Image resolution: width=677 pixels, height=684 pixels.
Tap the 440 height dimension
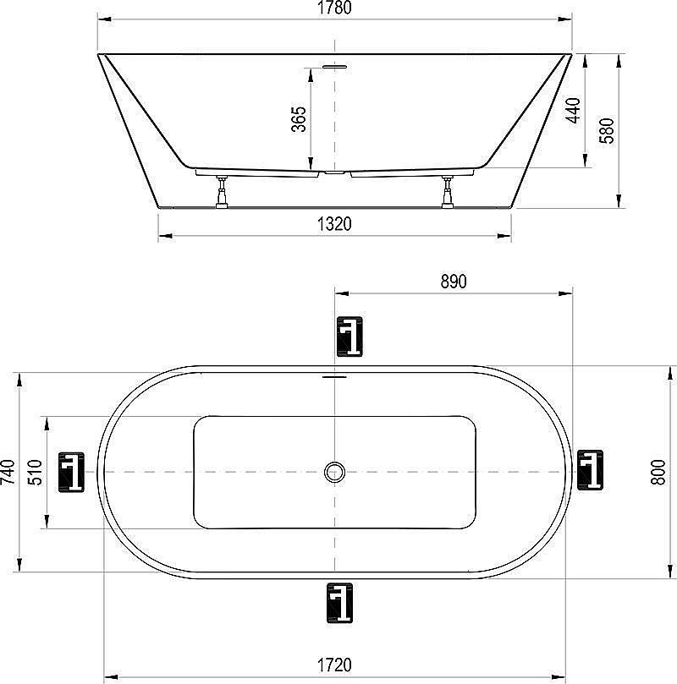pyautogui.click(x=573, y=111)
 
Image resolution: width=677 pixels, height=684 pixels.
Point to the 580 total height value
pyautogui.click(x=607, y=130)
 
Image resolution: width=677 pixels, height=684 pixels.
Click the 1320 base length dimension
pyautogui.click(x=334, y=224)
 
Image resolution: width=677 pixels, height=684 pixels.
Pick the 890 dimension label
pyautogui.click(x=453, y=282)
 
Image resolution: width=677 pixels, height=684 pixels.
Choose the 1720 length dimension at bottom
pyautogui.click(x=334, y=665)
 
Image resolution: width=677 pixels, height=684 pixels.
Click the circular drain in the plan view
pyautogui.click(x=336, y=472)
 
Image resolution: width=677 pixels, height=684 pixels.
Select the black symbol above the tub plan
pyautogui.click(x=349, y=337)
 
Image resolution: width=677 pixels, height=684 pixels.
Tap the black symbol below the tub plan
pyautogui.click(x=339, y=604)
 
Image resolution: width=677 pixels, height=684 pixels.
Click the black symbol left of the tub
pyautogui.click(x=71, y=472)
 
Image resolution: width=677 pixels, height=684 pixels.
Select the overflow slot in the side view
pyautogui.click(x=336, y=65)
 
